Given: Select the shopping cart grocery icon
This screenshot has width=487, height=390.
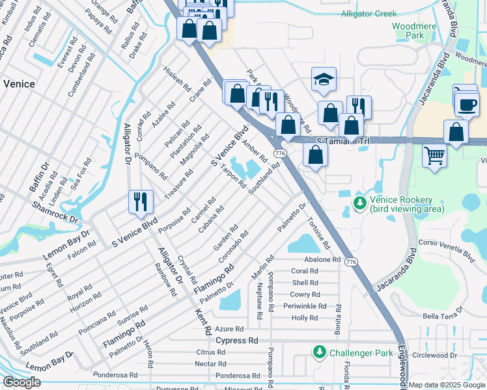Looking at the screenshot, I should (x=434, y=155).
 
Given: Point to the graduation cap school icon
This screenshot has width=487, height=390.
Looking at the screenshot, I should (x=324, y=80).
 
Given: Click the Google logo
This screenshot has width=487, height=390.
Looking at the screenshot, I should (x=21, y=383).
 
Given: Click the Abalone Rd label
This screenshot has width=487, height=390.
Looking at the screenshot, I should (x=322, y=259).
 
